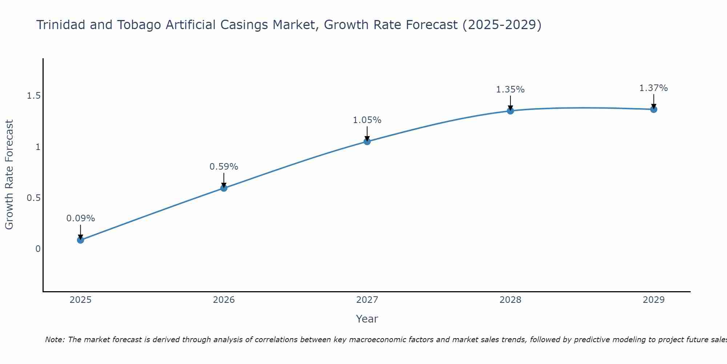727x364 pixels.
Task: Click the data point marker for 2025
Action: [x=81, y=240]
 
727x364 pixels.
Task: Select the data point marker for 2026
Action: [x=224, y=188]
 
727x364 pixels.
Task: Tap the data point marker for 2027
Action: [x=367, y=142]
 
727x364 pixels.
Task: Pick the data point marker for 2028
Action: [x=510, y=111]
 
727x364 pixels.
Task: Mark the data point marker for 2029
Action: [x=654, y=109]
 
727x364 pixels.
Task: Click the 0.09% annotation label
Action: [x=81, y=218]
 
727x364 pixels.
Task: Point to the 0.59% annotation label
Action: [x=224, y=167]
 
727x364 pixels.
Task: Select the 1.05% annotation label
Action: [x=367, y=120]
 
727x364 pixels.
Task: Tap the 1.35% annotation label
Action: [x=510, y=90]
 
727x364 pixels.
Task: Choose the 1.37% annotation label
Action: [x=654, y=88]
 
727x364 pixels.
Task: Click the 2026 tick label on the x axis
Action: [x=224, y=300]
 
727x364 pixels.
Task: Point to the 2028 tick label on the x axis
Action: [x=510, y=300]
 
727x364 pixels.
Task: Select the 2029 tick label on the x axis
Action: [x=654, y=300]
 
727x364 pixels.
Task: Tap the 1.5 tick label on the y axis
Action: [x=33, y=96]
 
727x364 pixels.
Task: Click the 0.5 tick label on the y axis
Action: [x=33, y=198]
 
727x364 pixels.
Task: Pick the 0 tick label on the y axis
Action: [x=38, y=249]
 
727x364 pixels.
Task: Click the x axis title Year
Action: [x=367, y=319]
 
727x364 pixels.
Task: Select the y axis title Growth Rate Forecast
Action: [x=9, y=175]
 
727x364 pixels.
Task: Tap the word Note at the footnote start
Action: [x=55, y=340]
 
